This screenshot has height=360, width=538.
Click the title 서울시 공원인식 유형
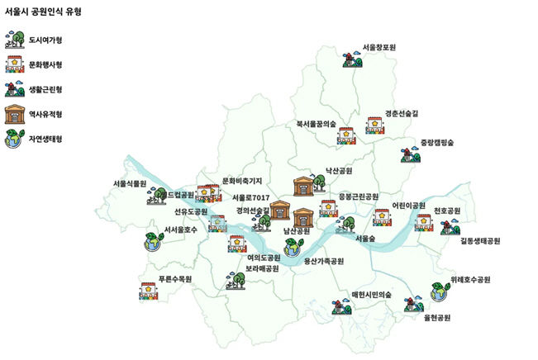pos(47,12)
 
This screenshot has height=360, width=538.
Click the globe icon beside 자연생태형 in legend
pos(14,140)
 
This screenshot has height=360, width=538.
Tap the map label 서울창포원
pos(379,48)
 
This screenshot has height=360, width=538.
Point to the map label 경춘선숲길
pos(402,113)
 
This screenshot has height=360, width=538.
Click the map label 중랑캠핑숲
pos(436,142)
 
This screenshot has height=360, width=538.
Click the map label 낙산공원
pos(339,171)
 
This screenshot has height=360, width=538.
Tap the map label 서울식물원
pos(130,183)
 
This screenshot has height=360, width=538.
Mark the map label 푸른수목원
pos(175,279)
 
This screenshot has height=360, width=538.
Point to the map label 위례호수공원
pos(471,279)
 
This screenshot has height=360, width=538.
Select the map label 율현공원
pos(437,317)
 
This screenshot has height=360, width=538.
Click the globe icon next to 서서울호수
pos(153,242)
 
